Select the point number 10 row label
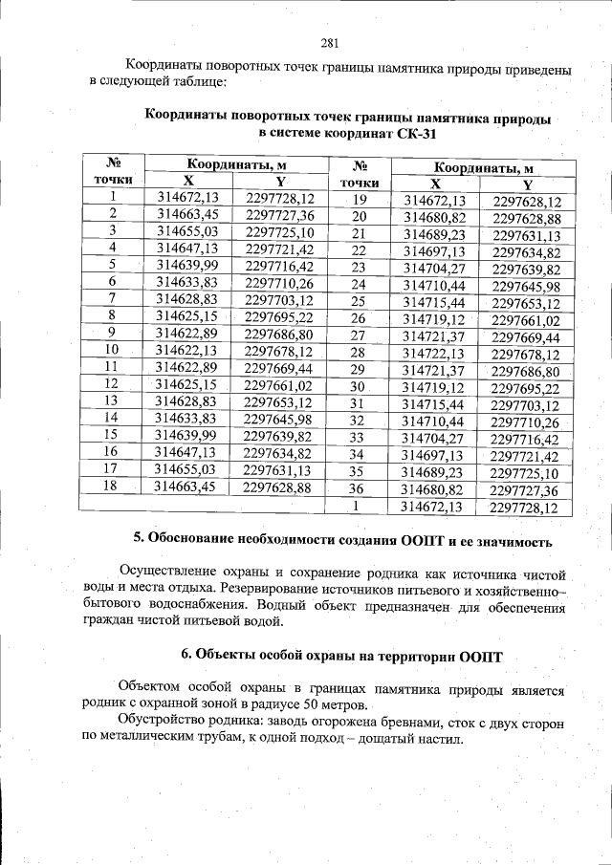(112, 350)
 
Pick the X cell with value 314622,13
(187, 351)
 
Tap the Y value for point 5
(279, 265)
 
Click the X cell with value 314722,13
(434, 353)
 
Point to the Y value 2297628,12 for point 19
(527, 202)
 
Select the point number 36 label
(359, 488)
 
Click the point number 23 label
(359, 268)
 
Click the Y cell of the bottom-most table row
(523, 507)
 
